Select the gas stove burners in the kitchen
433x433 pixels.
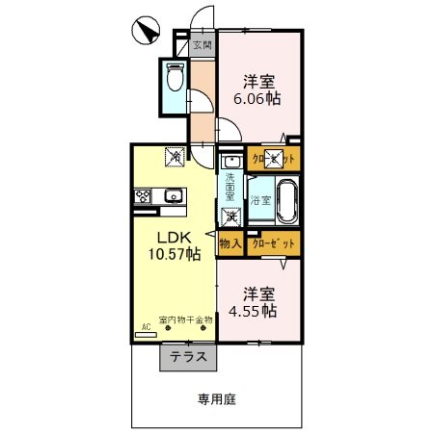tap(143, 196)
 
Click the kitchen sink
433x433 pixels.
tap(174, 196)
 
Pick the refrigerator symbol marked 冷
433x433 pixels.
tap(174, 154)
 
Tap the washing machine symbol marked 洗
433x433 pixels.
tap(231, 217)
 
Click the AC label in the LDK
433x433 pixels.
tap(147, 327)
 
